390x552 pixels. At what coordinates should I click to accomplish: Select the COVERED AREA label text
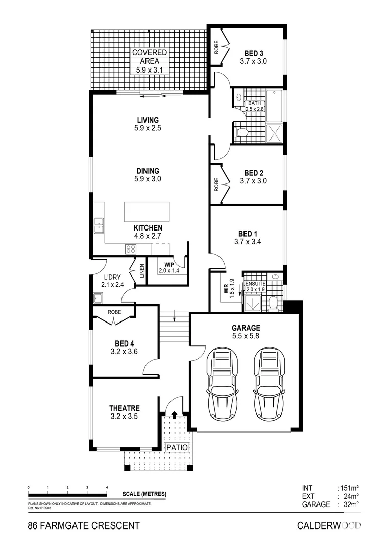pyautogui.click(x=149, y=57)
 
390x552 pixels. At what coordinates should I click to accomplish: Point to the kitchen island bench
pyautogui.click(x=147, y=212)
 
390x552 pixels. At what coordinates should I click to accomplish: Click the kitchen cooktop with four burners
pyautogui.click(x=131, y=249)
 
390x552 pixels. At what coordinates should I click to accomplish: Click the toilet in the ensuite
pyautogui.click(x=273, y=303)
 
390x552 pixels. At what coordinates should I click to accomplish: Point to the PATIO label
pyautogui.click(x=178, y=447)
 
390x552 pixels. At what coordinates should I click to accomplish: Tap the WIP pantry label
pyautogui.click(x=169, y=265)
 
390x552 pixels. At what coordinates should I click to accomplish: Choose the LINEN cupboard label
pyautogui.click(x=137, y=271)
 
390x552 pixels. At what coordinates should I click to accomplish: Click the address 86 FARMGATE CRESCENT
pyautogui.click(x=83, y=525)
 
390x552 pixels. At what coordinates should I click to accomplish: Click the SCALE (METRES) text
pyautogui.click(x=144, y=494)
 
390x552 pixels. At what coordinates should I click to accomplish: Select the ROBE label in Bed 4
pyautogui.click(x=113, y=311)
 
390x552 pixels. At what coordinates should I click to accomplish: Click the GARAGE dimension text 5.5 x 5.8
pyautogui.click(x=246, y=337)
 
